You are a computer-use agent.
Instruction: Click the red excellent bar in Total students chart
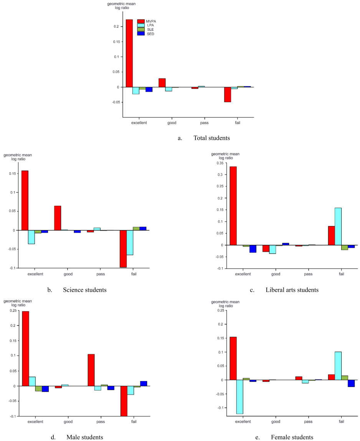point(129,53)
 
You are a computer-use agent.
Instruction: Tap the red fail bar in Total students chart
point(228,94)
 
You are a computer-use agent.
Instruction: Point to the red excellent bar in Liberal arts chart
point(233,206)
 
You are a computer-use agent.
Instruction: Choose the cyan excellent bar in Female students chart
point(239,397)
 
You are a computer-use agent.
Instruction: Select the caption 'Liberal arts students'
point(292,290)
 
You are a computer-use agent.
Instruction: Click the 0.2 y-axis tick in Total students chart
point(117,26)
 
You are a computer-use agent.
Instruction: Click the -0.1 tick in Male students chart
point(13,416)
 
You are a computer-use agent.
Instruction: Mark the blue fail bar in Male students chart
point(144,383)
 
